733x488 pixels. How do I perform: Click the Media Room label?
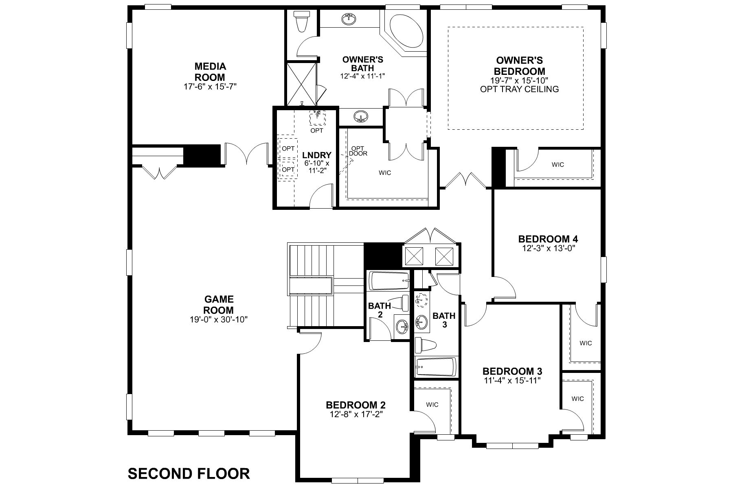point(210,72)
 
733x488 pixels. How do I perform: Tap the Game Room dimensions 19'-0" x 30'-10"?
point(219,320)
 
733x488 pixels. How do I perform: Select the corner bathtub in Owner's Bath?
point(406,31)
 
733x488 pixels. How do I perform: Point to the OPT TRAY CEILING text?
point(519,89)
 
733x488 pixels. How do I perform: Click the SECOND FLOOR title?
point(189,473)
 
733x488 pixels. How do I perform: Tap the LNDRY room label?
point(316,155)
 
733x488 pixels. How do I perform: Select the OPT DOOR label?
point(358,151)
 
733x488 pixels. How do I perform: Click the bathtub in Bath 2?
point(389,281)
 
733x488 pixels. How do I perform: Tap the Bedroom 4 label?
point(548,239)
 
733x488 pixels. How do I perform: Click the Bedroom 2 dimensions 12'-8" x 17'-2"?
point(356,414)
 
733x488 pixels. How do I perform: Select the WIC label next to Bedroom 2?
point(432,405)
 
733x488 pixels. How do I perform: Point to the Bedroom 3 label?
point(512,371)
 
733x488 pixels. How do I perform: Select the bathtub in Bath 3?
point(435,367)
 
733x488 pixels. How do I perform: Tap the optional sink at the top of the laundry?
point(317,118)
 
